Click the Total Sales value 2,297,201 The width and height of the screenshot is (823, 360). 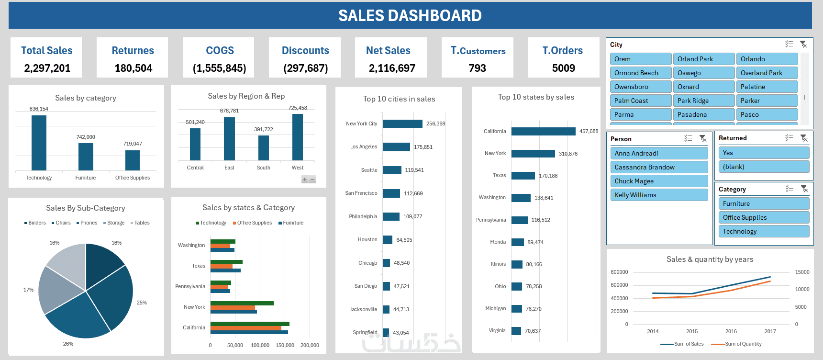click(47, 68)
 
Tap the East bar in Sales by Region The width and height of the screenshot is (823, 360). click(229, 139)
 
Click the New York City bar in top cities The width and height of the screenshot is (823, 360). click(402, 124)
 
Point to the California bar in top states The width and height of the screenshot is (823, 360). click(543, 131)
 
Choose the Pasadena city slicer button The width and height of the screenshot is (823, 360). click(703, 114)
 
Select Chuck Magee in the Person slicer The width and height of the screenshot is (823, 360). click(658, 181)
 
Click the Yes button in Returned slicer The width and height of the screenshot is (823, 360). click(763, 153)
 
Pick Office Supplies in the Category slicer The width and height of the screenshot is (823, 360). click(763, 217)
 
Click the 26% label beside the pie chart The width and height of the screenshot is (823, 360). click(68, 344)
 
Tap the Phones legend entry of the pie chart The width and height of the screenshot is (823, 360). click(87, 223)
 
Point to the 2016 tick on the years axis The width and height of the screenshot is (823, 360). click(731, 331)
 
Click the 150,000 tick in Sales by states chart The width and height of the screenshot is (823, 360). click(285, 345)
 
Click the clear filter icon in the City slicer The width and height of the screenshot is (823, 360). click(803, 45)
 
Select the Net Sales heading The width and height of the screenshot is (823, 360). click(388, 51)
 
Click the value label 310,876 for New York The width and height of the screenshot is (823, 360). click(568, 154)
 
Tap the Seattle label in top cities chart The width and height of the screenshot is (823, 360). click(369, 170)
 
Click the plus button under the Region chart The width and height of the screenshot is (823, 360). click(305, 180)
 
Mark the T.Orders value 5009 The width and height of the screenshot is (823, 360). click(563, 68)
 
